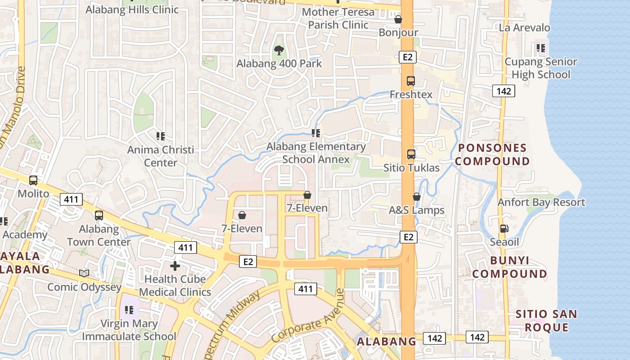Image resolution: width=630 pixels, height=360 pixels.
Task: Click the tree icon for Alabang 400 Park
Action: [x=279, y=50]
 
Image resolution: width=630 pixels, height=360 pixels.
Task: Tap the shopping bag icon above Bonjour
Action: [x=398, y=19]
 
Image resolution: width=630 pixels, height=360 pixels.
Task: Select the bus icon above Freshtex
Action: [x=410, y=81]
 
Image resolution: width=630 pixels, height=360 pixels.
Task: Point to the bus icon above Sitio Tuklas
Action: [x=411, y=154]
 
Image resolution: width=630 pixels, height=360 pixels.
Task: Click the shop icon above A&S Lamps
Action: [x=417, y=197]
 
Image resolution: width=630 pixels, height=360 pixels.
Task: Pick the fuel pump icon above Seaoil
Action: [x=504, y=229]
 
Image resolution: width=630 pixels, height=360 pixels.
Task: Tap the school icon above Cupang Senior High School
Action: [x=540, y=48]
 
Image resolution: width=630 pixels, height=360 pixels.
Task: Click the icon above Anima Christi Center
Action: [x=161, y=135]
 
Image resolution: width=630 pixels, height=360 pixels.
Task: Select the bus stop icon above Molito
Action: [x=33, y=180]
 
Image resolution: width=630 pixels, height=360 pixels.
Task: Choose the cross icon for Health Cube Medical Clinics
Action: [x=175, y=265]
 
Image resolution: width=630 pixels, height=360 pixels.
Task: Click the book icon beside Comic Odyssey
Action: [x=84, y=273]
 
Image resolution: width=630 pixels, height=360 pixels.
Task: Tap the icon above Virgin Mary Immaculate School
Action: [x=130, y=310]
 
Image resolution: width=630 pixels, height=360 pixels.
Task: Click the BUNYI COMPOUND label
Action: [x=509, y=267]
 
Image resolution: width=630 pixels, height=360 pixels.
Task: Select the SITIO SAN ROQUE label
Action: [x=546, y=320]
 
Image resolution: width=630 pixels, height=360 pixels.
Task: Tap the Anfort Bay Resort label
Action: [x=541, y=202]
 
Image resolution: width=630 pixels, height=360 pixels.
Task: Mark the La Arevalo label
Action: [x=524, y=28]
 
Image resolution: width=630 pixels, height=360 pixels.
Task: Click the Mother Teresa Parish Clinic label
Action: [x=338, y=18]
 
